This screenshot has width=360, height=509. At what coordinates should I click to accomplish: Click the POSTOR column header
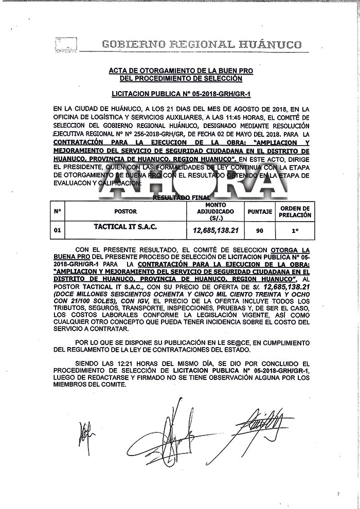coord(125,212)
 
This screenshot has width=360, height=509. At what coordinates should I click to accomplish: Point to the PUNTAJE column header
coord(260,212)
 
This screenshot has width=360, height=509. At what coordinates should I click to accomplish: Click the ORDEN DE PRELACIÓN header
coord(295,212)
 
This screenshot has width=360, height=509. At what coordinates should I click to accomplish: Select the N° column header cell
coord(57,212)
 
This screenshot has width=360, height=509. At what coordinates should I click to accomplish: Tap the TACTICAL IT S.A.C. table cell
coord(125,227)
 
